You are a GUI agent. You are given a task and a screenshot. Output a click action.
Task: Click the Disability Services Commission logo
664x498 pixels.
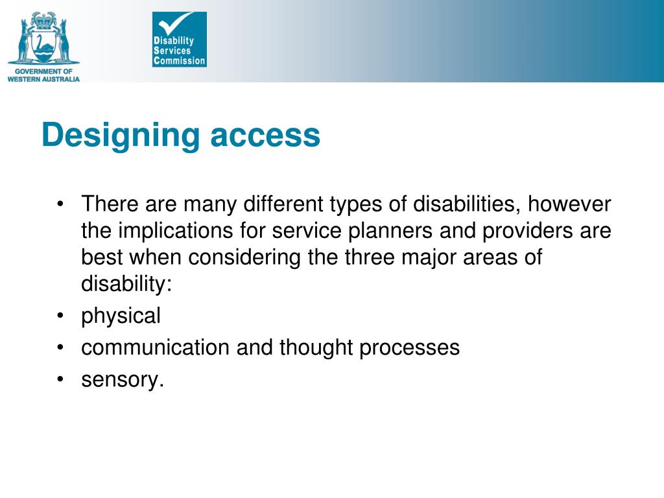[x=179, y=40]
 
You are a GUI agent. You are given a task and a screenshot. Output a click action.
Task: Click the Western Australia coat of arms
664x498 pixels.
[x=43, y=36]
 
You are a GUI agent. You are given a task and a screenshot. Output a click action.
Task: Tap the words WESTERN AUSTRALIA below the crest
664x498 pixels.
[x=43, y=78]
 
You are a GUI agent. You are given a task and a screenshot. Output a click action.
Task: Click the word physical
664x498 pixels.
[x=121, y=316]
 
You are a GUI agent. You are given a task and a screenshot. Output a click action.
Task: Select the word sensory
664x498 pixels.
[x=123, y=379]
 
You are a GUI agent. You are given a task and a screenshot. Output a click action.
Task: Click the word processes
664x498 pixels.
[x=410, y=348]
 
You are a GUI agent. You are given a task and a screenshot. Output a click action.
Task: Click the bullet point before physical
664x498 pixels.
[x=60, y=316]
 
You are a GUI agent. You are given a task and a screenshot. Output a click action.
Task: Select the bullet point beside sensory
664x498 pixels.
[x=60, y=379]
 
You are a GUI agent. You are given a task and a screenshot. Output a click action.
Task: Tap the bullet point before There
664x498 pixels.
[x=60, y=205]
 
